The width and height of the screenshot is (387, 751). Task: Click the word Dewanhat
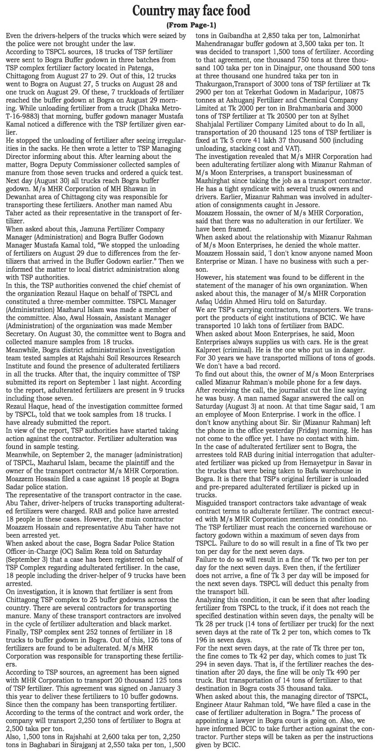click(x=24, y=197)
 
